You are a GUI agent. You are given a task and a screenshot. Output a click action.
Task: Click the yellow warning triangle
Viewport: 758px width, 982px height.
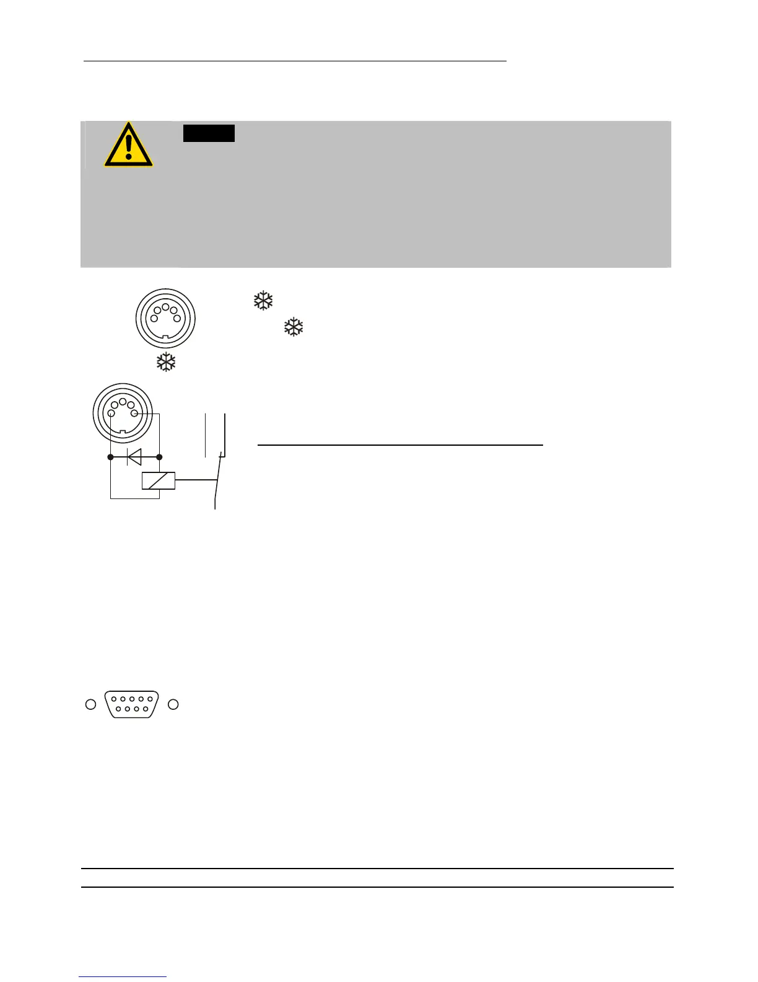click(x=128, y=146)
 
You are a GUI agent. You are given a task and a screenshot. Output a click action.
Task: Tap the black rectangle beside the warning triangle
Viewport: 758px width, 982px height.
click(x=209, y=133)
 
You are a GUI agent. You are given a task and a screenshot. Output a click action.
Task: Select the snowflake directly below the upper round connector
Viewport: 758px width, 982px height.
click(x=166, y=363)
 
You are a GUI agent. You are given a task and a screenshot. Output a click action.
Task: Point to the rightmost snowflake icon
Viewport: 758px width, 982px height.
click(x=294, y=327)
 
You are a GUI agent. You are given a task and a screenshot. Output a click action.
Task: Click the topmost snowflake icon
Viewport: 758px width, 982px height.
click(x=264, y=301)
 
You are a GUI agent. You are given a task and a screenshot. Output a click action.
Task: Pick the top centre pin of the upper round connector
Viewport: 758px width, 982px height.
click(x=165, y=307)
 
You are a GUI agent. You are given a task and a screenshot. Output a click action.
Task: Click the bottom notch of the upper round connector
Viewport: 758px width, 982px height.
click(x=165, y=337)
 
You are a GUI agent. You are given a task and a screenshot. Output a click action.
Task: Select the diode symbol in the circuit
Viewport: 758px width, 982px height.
click(x=134, y=457)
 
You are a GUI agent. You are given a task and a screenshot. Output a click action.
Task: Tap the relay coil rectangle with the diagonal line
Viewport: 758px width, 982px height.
click(x=159, y=481)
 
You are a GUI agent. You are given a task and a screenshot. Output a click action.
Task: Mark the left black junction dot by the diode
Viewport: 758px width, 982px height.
click(x=110, y=457)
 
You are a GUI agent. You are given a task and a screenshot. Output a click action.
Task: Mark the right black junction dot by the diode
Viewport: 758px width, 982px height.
click(x=159, y=457)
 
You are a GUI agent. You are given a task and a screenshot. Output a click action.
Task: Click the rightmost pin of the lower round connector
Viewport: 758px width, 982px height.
click(x=134, y=414)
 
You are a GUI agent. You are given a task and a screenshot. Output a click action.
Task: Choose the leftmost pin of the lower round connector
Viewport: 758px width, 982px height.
click(x=110, y=414)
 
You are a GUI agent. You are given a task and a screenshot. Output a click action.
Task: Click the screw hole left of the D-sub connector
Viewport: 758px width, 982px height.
click(x=90, y=704)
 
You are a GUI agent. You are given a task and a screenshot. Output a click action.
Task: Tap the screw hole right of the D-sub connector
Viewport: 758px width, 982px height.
click(x=173, y=704)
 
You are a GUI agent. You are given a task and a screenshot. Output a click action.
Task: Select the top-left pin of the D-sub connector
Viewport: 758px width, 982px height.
click(x=115, y=699)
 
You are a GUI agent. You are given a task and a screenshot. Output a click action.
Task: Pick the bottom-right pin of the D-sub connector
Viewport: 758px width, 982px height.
click(x=145, y=709)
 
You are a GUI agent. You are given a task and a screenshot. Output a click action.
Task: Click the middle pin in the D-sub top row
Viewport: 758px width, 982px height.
click(x=132, y=699)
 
